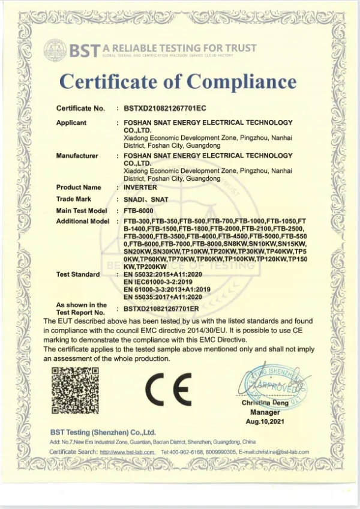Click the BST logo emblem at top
[56, 50]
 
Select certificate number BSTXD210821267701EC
[165, 109]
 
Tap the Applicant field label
[71, 122]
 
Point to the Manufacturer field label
[77, 156]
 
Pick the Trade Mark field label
[74, 199]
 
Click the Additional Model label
[83, 221]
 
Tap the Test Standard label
[78, 274]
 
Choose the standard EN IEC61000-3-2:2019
[158, 282]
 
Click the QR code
[74, 390]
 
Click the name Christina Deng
[265, 403]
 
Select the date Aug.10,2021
[264, 422]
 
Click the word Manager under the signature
[265, 412]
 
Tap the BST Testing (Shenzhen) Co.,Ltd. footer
[103, 432]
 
